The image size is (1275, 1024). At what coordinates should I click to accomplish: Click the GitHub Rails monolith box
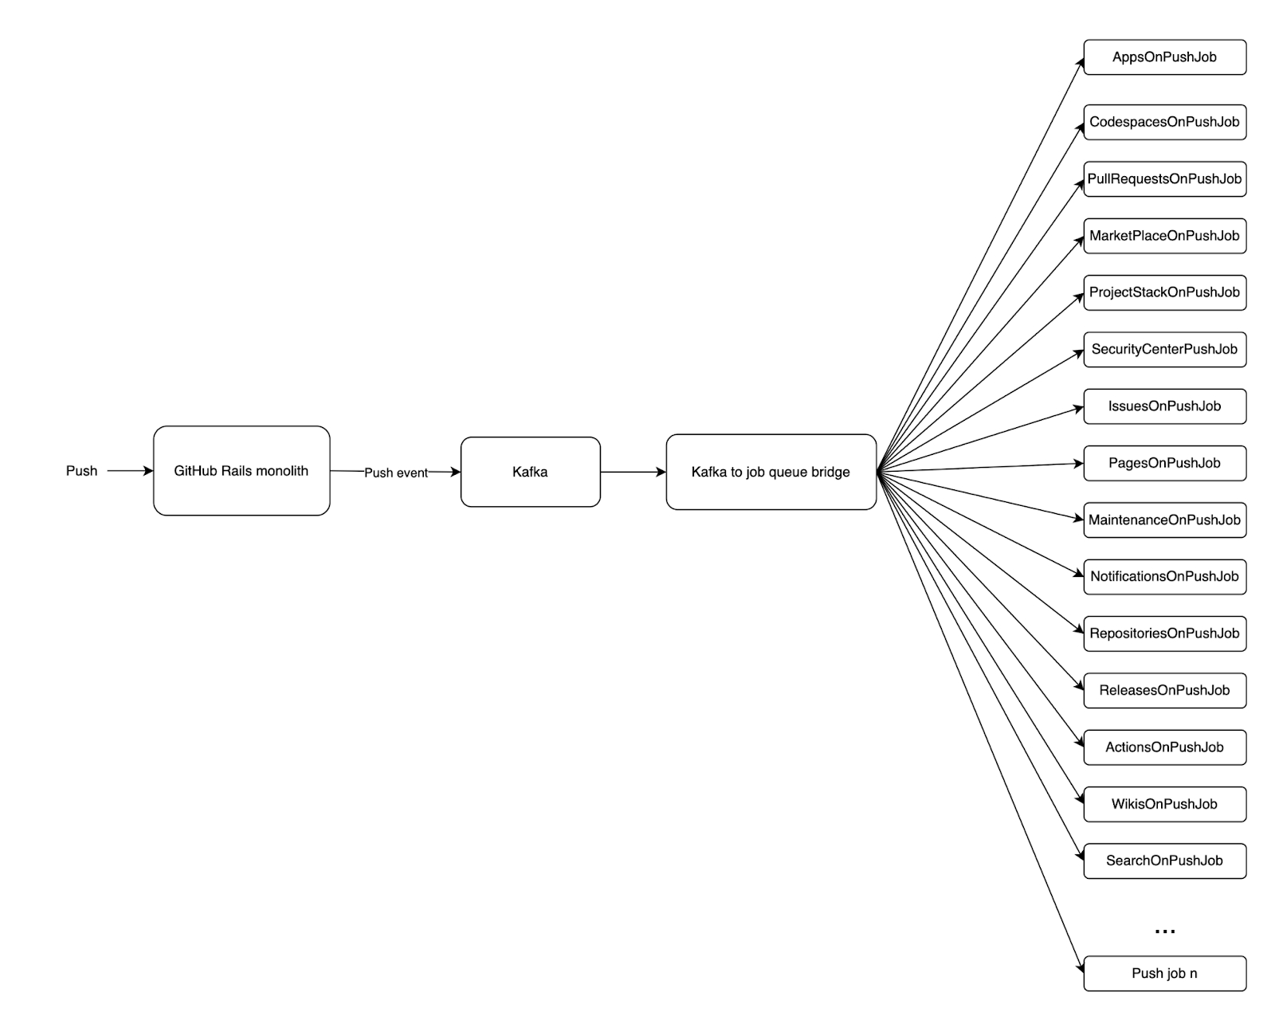coord(241,471)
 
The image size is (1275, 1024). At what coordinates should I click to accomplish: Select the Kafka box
coord(530,472)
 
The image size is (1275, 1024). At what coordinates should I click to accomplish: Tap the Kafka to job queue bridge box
coord(771,472)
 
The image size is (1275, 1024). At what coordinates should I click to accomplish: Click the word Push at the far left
coord(81,471)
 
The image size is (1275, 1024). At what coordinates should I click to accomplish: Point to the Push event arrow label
coord(396,473)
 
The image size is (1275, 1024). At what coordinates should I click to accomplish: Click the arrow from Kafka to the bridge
coord(633,472)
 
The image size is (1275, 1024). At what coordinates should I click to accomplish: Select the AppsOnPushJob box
coord(1164,57)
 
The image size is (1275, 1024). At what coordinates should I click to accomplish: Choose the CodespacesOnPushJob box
coord(1164,122)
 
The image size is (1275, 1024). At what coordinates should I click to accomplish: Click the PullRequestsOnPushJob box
coord(1164,179)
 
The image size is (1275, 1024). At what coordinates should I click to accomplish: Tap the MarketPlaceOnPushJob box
coord(1164,236)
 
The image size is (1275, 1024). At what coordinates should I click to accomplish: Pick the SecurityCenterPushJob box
coord(1164,349)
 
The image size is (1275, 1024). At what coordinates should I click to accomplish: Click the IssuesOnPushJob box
coord(1164,406)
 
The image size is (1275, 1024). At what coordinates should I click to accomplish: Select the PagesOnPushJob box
coord(1164,463)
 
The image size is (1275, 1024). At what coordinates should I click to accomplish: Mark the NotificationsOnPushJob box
coord(1164,576)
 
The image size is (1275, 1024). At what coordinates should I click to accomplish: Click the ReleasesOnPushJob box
coord(1164,690)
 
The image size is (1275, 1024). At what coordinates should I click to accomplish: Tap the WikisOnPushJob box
coord(1164,804)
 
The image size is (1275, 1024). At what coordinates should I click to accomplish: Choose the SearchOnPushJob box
coord(1164,861)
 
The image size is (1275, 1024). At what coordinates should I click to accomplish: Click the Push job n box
coord(1164,973)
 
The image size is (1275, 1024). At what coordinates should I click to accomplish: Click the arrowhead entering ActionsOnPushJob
coord(1079,742)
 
